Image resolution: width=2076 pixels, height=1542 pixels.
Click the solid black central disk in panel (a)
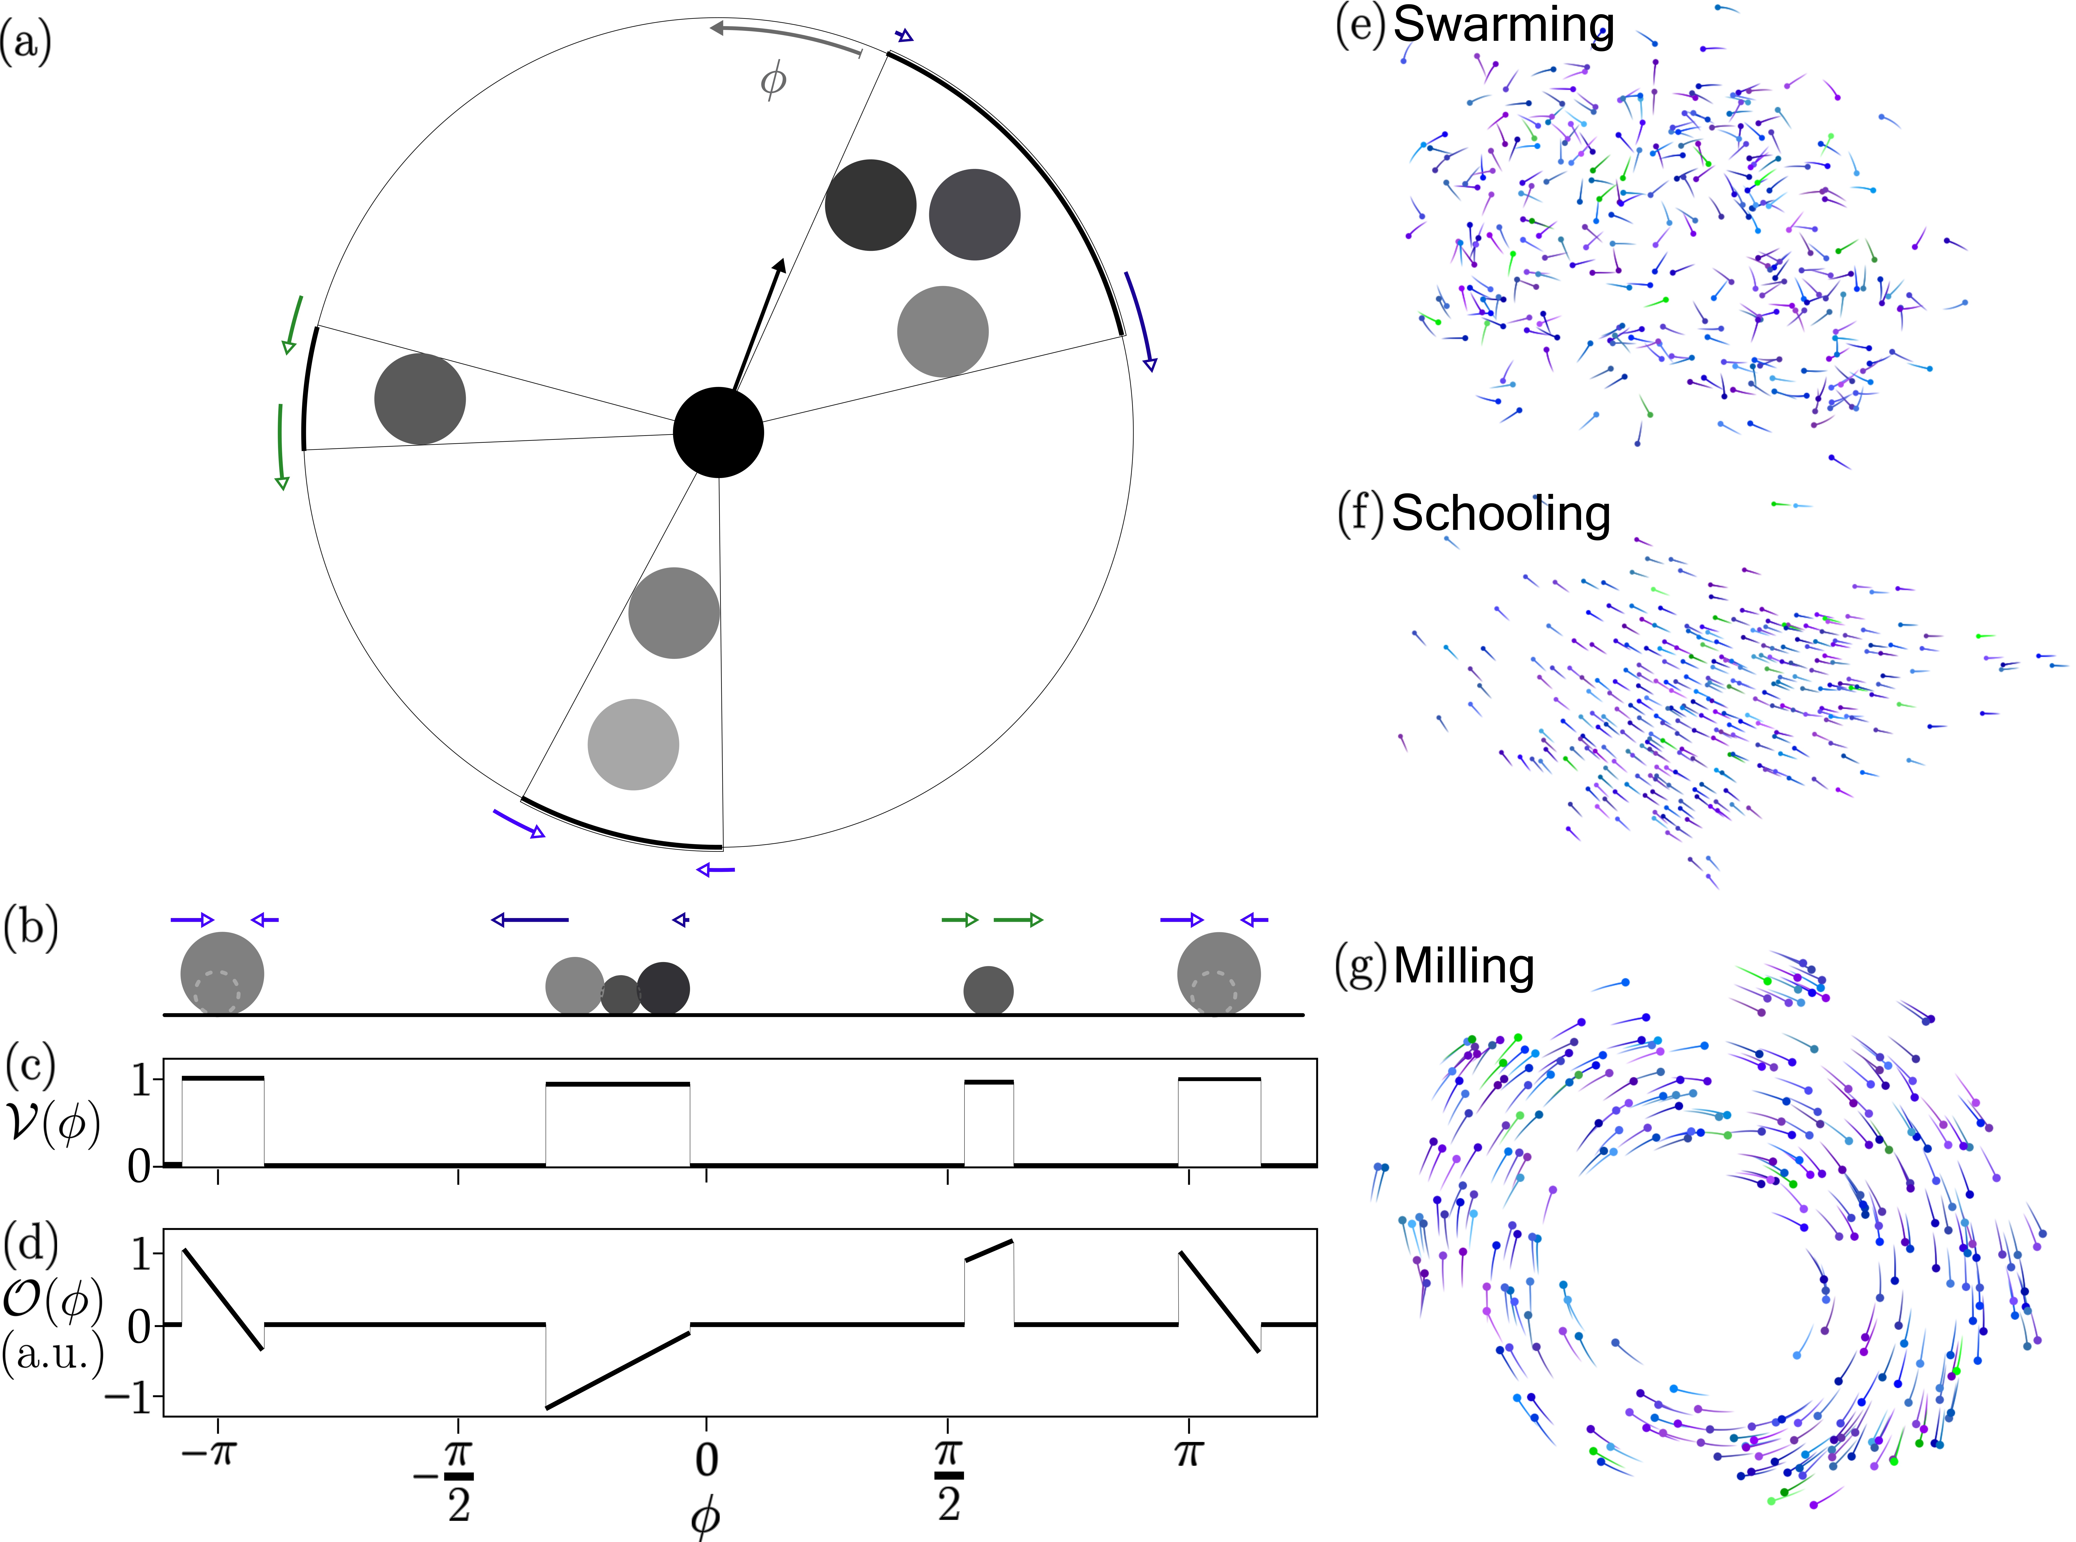point(718,432)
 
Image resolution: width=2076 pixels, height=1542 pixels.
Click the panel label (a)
point(26,42)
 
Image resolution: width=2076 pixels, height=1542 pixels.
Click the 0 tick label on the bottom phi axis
point(707,1459)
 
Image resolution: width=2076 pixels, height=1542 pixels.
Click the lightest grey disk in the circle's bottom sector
point(633,744)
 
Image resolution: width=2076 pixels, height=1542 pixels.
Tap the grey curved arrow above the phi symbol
point(784,35)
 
